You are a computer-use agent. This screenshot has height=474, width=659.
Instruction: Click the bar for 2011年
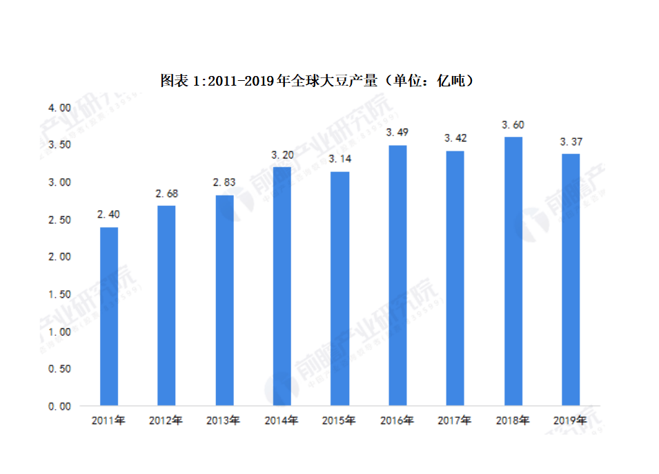109,316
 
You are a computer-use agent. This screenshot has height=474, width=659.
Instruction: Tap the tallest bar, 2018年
513,271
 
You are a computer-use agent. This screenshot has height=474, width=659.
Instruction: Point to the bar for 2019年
571,279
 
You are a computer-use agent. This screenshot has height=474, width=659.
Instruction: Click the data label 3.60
513,125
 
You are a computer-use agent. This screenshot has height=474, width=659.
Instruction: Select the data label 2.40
109,216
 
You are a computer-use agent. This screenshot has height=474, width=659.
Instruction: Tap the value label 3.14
340,159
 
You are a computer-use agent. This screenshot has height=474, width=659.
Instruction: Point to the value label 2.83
224,182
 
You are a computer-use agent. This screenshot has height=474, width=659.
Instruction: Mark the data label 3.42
455,138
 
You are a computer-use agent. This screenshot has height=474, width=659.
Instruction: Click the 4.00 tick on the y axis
59,108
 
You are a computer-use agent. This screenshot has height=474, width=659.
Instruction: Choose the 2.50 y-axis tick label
59,220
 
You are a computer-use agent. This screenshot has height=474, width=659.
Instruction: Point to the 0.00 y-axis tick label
59,406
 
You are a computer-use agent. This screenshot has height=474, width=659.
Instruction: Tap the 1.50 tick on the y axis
59,294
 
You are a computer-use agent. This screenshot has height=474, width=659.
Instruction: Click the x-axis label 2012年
166,420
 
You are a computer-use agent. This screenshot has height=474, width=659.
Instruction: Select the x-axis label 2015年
340,420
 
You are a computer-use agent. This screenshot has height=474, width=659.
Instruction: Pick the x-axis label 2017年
455,420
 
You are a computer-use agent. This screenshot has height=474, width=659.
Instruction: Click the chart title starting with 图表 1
317,81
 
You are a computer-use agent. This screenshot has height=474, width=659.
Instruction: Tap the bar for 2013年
224,300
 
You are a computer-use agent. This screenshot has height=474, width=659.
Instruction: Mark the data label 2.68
166,193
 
